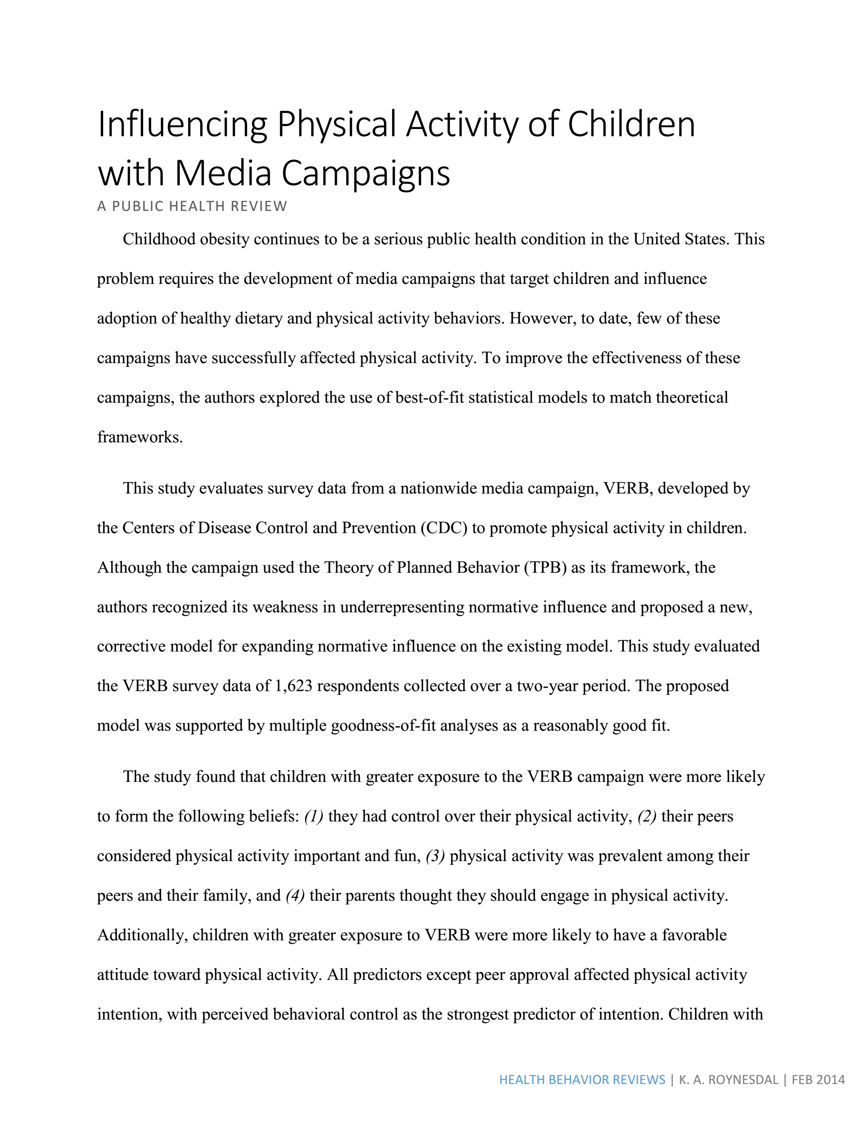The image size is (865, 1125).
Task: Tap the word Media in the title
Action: pos(223,173)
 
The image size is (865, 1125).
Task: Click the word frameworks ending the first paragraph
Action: pos(140,437)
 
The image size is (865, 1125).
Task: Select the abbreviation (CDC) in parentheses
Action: pos(443,528)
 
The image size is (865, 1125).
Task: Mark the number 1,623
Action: pos(294,686)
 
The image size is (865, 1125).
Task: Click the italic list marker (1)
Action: pos(314,817)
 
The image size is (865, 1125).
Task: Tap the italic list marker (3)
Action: pos(435,856)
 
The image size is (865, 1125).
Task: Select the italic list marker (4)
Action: pos(295,896)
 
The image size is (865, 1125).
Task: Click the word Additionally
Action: pos(141,935)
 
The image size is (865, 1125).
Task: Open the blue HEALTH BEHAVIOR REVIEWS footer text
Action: pos(582,1080)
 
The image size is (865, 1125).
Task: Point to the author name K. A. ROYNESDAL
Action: pos(728,1080)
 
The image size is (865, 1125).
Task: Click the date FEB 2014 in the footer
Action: pos(818,1080)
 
